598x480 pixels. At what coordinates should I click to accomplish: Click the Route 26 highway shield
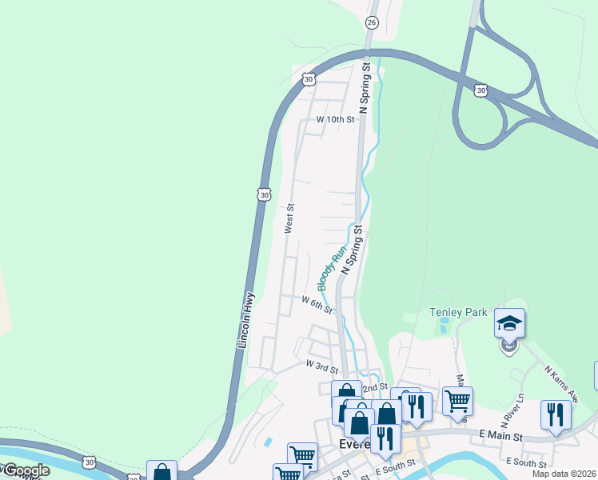point(372,22)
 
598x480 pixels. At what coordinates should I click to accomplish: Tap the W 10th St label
point(334,119)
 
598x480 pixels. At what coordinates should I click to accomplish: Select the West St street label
point(290,218)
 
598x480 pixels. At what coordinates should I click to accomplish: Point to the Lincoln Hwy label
point(247,318)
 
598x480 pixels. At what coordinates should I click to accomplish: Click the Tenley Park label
point(458,312)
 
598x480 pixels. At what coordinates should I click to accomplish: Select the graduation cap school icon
point(509,324)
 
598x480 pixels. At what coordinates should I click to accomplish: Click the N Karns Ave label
point(560,382)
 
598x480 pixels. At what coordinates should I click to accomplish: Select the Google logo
point(26,470)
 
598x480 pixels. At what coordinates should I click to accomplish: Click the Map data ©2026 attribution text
point(564,474)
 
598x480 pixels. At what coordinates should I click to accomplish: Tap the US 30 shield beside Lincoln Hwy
point(264,194)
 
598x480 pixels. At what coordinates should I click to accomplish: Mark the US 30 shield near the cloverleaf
point(480,90)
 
